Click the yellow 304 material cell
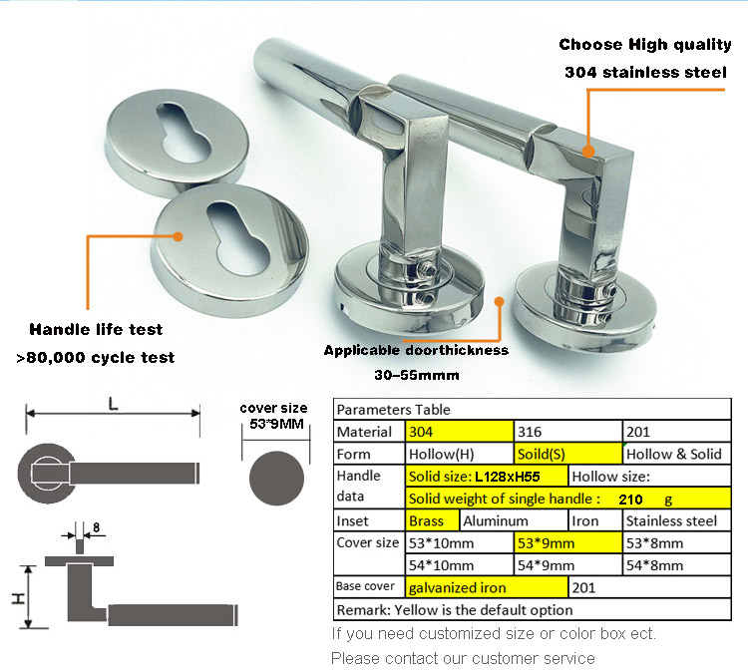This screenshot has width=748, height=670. coord(460,432)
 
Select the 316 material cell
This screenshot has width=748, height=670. coord(567,432)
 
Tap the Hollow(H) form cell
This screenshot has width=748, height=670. coord(460,454)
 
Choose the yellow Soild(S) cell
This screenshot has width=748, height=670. coord(567,454)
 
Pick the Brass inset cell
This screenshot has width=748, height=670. coord(432,520)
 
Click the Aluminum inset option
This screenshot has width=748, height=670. coord(514,520)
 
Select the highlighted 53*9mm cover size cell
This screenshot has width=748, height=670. coord(567,543)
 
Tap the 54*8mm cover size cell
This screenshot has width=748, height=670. coord(676,565)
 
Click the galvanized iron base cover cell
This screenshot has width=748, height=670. coord(487,587)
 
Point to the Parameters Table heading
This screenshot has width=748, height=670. coord(394,410)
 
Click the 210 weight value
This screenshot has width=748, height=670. coord(630,500)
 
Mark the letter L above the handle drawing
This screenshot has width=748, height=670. coord(113,405)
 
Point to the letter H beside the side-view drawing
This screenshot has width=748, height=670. coord(18,598)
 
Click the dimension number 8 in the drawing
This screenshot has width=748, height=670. coord(97,527)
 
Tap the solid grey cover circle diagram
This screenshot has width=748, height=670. coord(276,479)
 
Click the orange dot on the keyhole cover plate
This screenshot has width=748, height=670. coord(178,236)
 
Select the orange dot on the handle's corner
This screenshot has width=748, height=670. coord(588,152)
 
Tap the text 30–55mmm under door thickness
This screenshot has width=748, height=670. coord(417,375)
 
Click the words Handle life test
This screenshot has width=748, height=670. coord(96,329)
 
